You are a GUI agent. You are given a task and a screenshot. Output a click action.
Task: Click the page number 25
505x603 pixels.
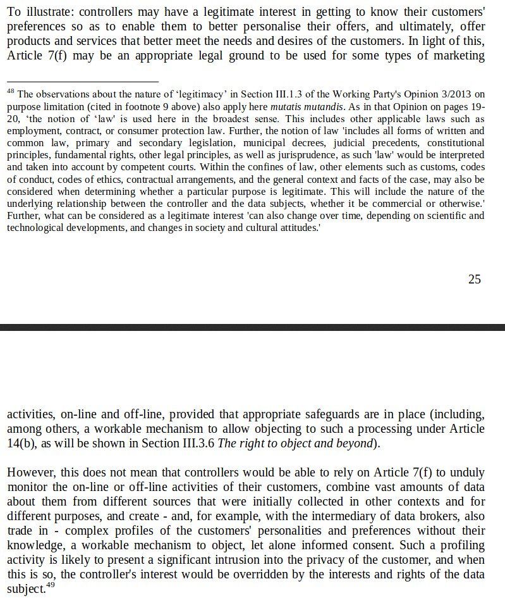(x=474, y=279)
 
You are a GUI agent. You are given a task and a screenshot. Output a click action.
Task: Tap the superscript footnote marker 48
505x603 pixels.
(x=10, y=92)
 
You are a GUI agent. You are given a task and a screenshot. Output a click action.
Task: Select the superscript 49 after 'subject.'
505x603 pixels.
(x=51, y=585)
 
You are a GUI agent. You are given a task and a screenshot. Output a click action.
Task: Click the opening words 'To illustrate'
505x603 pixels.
(x=38, y=11)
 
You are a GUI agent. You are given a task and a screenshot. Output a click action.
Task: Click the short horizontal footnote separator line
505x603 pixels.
(x=82, y=81)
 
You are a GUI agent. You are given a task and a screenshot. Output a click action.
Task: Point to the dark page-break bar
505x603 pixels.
(x=252, y=327)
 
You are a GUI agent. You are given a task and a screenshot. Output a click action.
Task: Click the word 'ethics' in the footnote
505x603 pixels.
(x=104, y=179)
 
